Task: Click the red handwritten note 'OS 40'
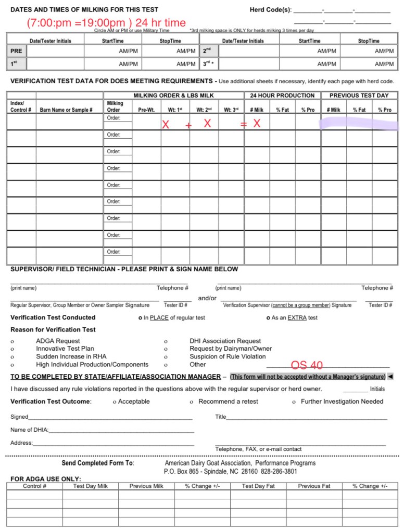(307, 365)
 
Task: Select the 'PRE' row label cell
(16, 51)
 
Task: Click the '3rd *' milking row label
(208, 64)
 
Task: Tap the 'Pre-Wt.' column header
(146, 110)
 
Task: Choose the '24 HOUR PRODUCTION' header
(282, 96)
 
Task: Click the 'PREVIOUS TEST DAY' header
(359, 96)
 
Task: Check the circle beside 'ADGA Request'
(12, 341)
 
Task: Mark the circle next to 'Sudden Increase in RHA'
(12, 357)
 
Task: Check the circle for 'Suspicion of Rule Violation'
(166, 357)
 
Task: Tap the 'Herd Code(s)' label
(271, 10)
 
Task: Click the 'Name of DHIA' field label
(29, 430)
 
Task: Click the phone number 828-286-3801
(279, 472)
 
